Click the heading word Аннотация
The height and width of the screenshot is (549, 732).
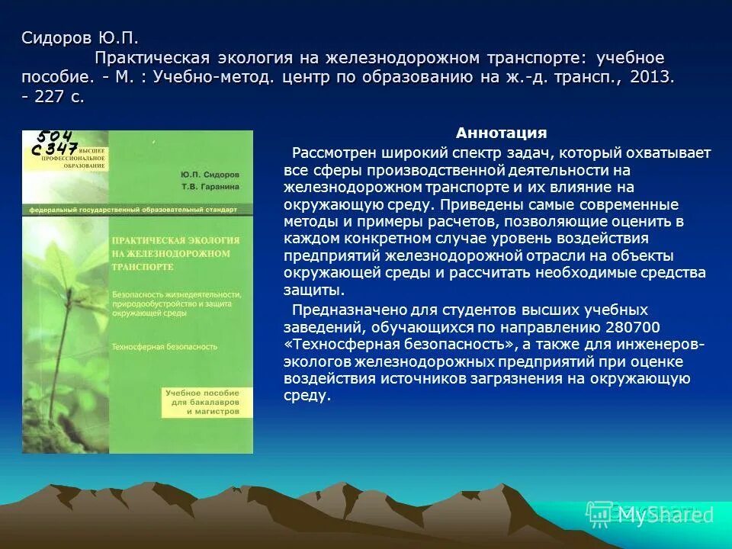click(x=501, y=133)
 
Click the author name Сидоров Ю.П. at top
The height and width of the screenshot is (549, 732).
click(x=80, y=38)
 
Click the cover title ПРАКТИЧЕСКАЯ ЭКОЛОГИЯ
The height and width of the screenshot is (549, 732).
click(x=175, y=240)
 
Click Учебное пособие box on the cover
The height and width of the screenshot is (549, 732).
click(x=202, y=401)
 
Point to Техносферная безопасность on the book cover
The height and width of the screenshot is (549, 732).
click(x=164, y=346)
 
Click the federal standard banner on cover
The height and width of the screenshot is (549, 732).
click(x=133, y=209)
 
